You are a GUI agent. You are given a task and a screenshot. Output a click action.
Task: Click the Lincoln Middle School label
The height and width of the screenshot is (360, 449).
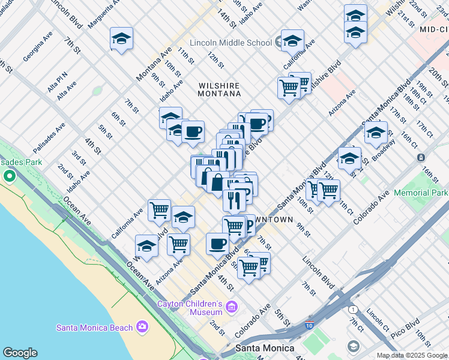(x=231, y=43)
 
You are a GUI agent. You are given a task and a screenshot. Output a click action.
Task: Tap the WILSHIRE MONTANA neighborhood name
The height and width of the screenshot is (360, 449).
(x=220, y=89)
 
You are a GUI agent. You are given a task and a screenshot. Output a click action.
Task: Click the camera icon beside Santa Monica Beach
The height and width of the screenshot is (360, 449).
(x=142, y=326)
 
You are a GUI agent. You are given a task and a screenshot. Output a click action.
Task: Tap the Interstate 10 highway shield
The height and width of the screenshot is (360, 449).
(x=308, y=325)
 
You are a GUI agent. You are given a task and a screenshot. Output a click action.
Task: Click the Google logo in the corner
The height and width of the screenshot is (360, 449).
(x=20, y=353)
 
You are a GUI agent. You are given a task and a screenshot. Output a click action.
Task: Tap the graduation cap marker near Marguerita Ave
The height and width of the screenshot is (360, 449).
(x=121, y=39)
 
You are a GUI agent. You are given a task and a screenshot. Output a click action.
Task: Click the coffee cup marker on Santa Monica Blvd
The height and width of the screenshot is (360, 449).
(x=217, y=244)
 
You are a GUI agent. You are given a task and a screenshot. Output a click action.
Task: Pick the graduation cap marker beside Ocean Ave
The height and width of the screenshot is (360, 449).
(x=146, y=246)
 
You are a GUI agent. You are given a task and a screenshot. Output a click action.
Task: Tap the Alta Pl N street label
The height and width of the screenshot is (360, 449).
(x=58, y=77)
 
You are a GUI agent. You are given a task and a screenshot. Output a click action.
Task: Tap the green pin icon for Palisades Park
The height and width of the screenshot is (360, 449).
(x=9, y=176)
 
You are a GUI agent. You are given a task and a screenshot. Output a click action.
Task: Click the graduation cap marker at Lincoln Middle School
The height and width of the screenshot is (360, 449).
(x=292, y=41)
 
